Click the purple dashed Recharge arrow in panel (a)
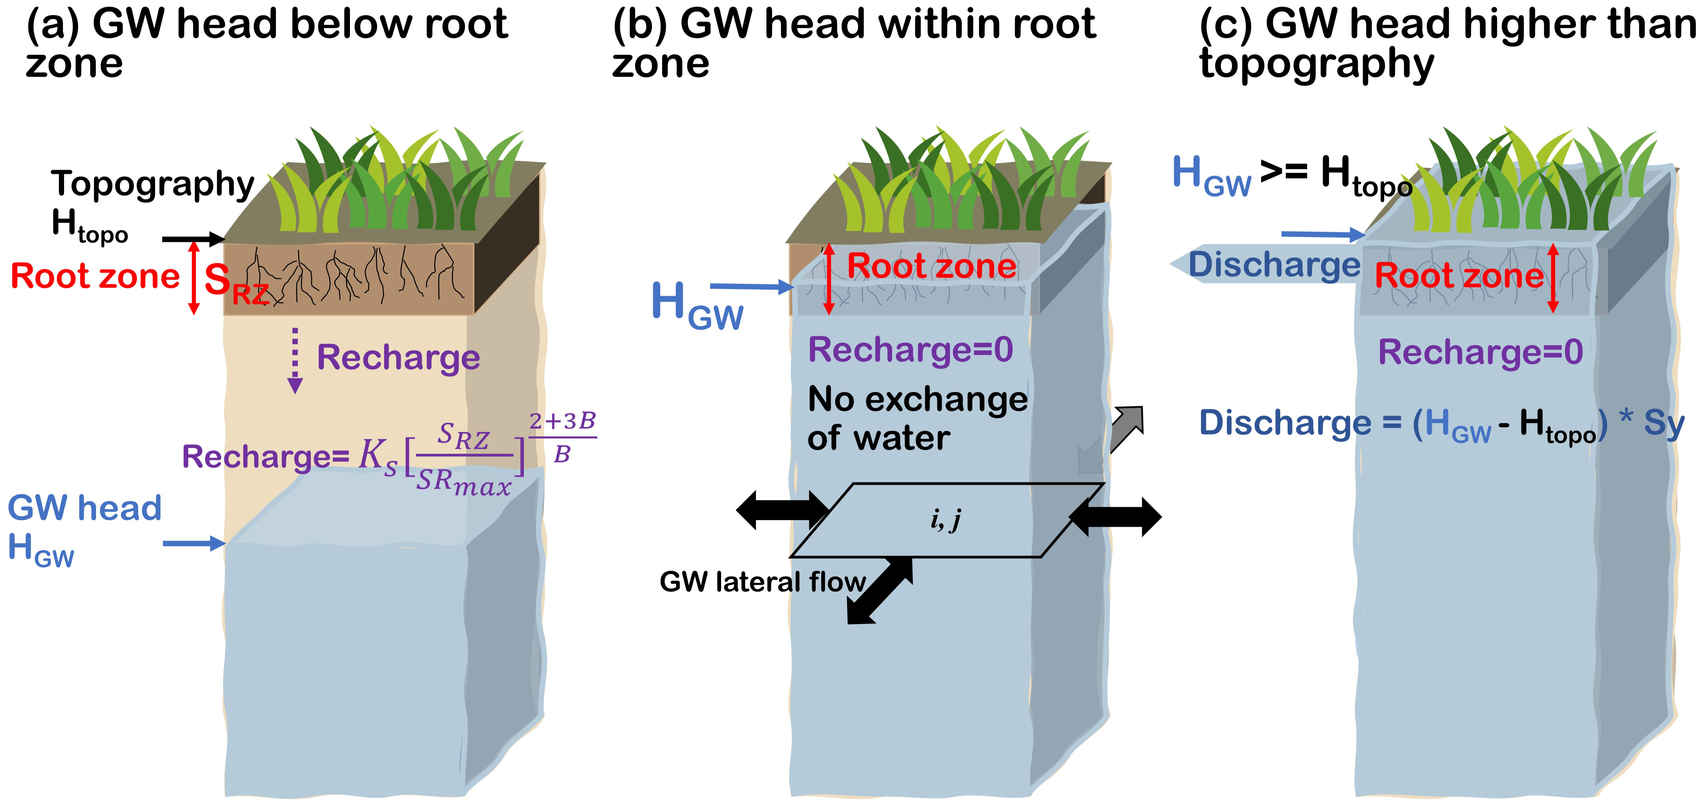tap(295, 360)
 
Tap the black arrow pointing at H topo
tap(193, 239)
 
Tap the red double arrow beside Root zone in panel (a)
tap(194, 278)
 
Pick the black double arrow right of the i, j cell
tap(1115, 516)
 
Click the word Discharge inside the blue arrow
tap(1274, 265)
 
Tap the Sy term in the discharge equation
tap(1664, 423)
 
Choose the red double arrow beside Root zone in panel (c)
tap(1553, 278)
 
